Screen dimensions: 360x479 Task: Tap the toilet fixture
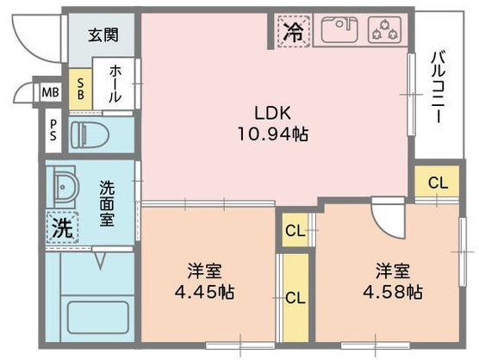point(90,134)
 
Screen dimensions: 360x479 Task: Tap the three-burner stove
point(384,31)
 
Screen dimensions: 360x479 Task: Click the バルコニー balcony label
point(438,86)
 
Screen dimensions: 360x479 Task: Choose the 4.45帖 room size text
point(203,291)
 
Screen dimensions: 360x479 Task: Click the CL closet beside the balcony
point(438,183)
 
